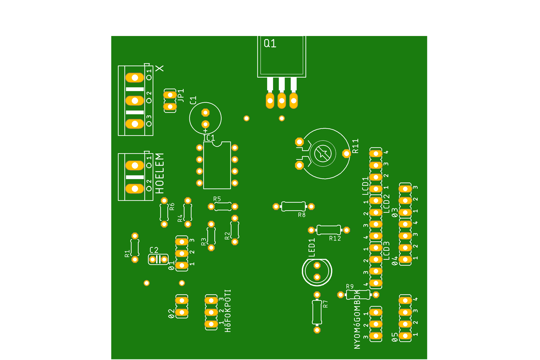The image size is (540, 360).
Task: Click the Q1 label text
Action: (270, 44)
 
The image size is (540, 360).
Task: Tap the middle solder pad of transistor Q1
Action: (282, 101)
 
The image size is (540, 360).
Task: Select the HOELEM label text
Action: (159, 173)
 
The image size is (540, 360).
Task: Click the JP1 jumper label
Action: (181, 95)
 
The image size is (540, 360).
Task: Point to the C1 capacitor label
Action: (193, 100)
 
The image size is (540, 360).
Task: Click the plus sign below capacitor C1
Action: (205, 131)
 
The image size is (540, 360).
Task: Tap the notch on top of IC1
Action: (217, 144)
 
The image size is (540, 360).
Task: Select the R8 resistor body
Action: (293, 206)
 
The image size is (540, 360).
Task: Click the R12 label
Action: (335, 238)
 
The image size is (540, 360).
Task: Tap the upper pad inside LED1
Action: (317, 265)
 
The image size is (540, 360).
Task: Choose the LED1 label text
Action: (312, 247)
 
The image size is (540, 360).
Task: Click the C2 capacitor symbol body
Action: (158, 259)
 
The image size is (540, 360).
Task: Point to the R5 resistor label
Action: (217, 199)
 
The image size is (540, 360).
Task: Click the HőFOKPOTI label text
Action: (228, 311)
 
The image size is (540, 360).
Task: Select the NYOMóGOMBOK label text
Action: (357, 319)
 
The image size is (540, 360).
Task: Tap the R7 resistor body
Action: (317, 312)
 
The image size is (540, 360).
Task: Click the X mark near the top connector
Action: (159, 68)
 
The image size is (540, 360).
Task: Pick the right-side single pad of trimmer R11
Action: (346, 154)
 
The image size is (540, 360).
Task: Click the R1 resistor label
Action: (127, 253)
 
